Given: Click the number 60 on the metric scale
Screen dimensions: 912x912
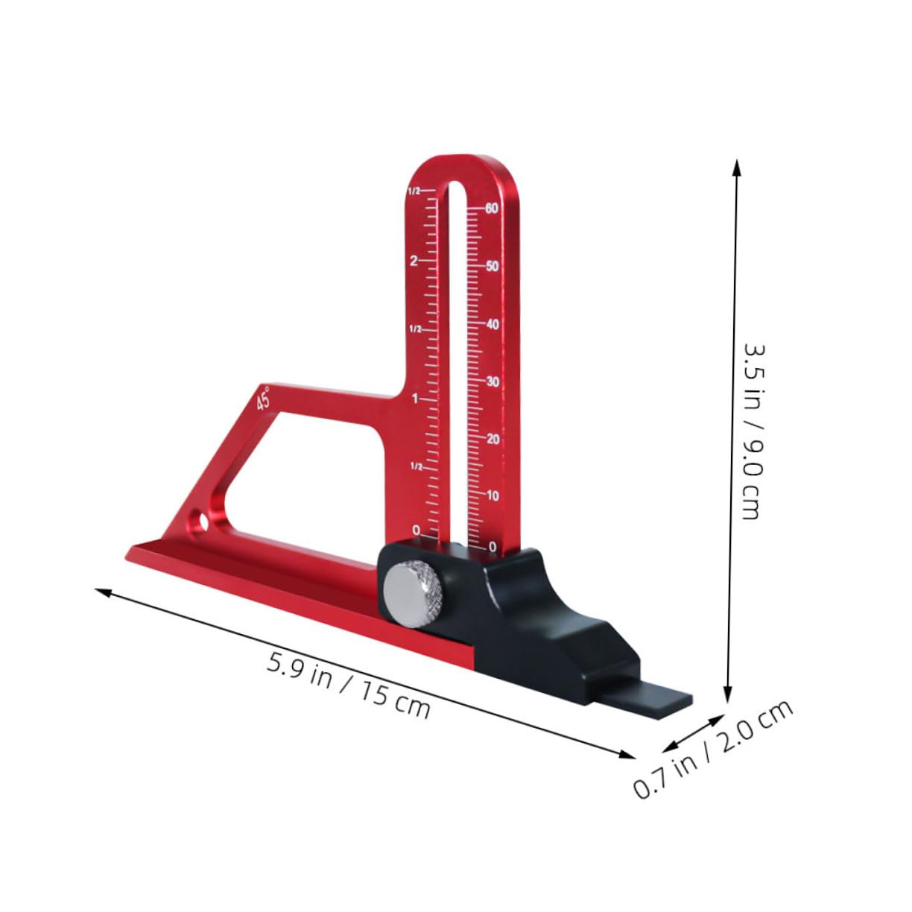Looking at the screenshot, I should [x=491, y=209].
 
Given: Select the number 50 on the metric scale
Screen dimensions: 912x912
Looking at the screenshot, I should [x=492, y=267].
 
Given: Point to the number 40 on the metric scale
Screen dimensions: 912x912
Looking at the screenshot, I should [x=492, y=325].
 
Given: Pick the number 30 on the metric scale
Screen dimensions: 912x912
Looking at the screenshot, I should [x=492, y=382].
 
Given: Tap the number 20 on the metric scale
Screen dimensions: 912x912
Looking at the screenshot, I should [x=492, y=439].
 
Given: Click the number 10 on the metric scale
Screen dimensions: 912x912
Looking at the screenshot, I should [x=492, y=495].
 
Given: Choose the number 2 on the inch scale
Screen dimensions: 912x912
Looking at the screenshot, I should [x=414, y=261].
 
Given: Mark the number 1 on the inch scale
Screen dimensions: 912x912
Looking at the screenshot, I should [x=415, y=399].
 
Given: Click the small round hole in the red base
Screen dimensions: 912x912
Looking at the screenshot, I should [x=200, y=519].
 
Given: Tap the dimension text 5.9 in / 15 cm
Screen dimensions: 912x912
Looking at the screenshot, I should [x=349, y=685].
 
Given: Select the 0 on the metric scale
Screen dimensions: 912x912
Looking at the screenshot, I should [x=493, y=547].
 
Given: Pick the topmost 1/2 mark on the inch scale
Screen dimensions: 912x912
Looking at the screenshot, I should [x=414, y=191].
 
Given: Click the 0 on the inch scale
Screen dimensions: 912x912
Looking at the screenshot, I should [x=416, y=531].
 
